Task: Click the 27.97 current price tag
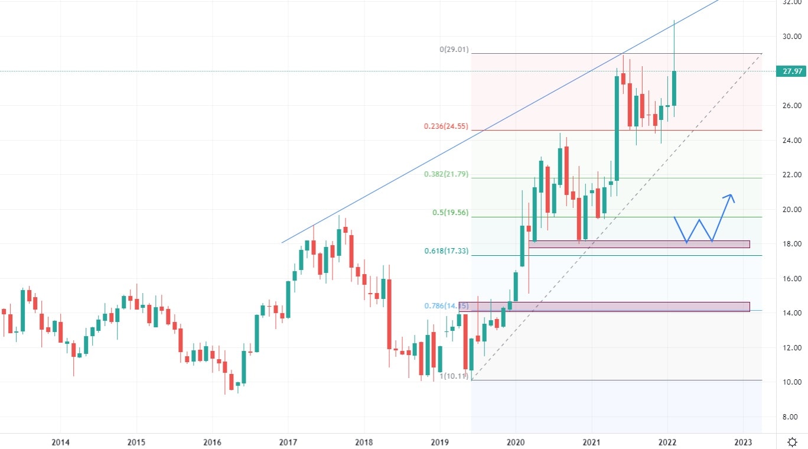pos(791,71)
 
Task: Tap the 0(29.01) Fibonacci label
pos(454,50)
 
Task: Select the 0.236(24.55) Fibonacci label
pos(446,126)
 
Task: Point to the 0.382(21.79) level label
pos(446,174)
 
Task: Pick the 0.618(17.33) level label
pos(446,251)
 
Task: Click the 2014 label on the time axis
pos(60,442)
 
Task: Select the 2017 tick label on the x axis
pos(288,442)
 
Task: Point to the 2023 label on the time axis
pos(743,442)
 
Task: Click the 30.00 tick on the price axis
pos(791,37)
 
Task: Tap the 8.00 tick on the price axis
pos(791,417)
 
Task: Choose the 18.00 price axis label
pos(791,244)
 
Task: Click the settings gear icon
pos(793,442)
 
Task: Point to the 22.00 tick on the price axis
pos(791,175)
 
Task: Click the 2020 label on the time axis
pos(516,442)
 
